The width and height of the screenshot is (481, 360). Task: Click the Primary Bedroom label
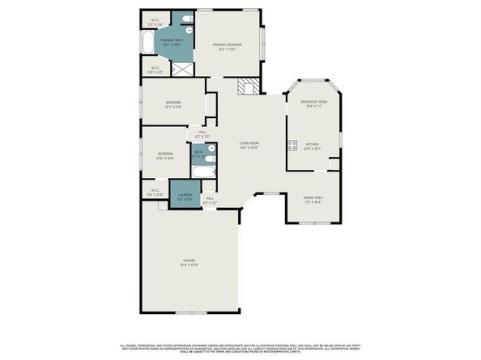pos(229,46)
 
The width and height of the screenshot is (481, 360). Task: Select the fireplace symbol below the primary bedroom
pos(246,87)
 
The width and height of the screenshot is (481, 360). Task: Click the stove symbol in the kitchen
pos(292,146)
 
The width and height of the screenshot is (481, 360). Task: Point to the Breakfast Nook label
pos(312,104)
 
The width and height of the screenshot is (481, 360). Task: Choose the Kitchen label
pos(312,146)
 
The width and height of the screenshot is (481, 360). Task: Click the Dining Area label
pos(313,200)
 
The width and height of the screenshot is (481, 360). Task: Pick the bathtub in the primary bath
pos(150,40)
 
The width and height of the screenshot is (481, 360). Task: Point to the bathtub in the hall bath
pos(204,172)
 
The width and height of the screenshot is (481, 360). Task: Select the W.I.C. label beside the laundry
pos(155,193)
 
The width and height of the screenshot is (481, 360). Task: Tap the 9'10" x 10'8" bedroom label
pos(165,155)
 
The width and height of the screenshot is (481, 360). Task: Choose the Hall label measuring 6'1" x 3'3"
pos(202,134)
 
